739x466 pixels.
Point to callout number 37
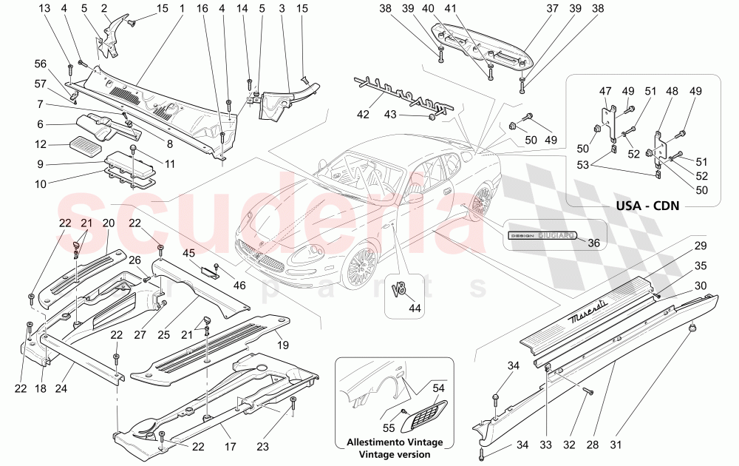coord(552,9)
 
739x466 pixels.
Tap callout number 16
coord(202,9)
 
